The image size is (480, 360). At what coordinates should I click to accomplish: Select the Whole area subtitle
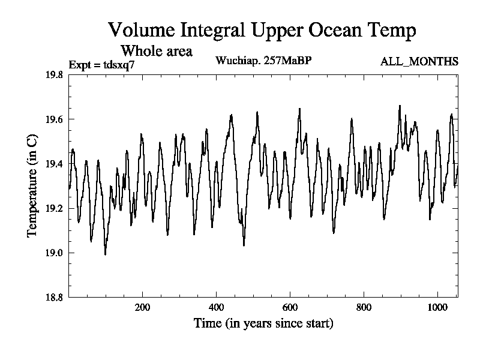click(x=157, y=50)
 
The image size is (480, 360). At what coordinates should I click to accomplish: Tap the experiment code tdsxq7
click(x=116, y=64)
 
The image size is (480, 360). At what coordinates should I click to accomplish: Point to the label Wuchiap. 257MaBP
click(x=263, y=61)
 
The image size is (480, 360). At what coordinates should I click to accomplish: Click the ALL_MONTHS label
click(x=419, y=61)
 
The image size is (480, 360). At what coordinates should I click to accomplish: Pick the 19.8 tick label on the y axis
click(x=55, y=75)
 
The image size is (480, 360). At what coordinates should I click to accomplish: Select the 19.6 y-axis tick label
click(x=55, y=119)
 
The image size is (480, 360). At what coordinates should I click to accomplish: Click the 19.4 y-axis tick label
click(x=55, y=164)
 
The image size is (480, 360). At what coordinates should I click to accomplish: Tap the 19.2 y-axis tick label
click(x=55, y=208)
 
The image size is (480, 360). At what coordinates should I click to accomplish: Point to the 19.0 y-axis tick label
click(x=55, y=253)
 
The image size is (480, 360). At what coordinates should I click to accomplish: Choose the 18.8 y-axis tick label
click(x=55, y=297)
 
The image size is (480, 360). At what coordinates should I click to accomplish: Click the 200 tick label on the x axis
click(x=143, y=307)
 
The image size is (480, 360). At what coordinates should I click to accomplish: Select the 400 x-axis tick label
click(x=217, y=307)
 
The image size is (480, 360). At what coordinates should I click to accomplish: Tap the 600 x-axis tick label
click(x=290, y=307)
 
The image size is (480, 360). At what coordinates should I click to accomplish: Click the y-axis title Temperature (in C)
click(x=33, y=185)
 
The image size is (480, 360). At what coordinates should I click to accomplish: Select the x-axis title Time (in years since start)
click(x=263, y=323)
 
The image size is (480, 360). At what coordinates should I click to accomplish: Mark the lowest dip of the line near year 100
click(x=106, y=254)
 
